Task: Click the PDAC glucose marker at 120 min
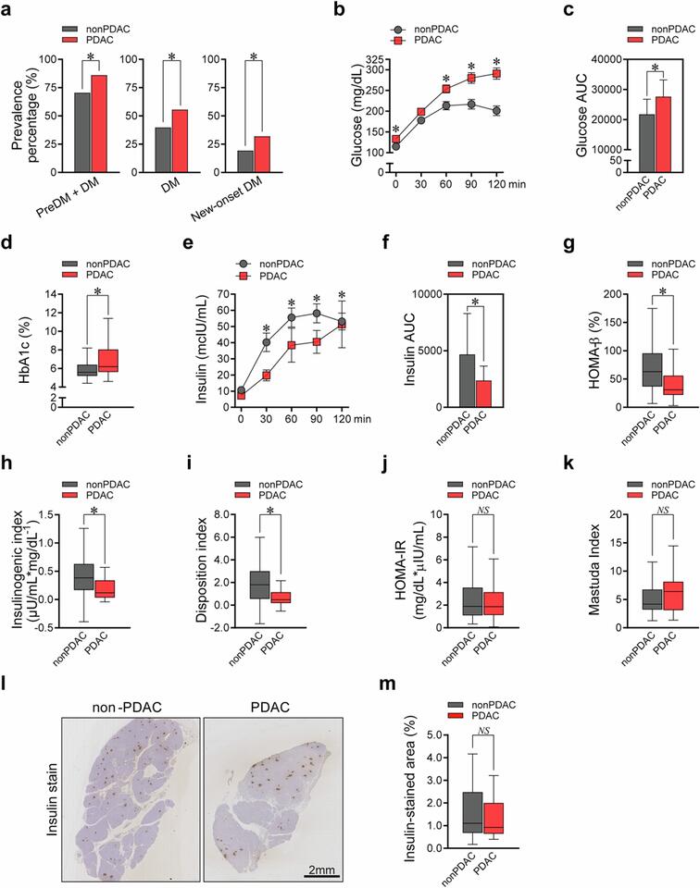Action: [497, 73]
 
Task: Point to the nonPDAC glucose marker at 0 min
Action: [396, 146]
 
